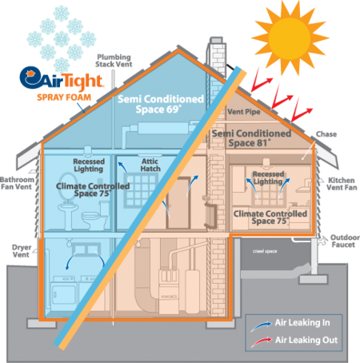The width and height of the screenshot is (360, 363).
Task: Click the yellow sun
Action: point(290,38)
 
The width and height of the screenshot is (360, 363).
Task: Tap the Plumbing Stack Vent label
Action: point(114,61)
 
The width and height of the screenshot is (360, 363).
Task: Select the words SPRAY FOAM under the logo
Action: point(64,98)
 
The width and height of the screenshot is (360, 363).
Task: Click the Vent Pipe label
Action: point(244,112)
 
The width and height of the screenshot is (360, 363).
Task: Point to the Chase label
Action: point(326,134)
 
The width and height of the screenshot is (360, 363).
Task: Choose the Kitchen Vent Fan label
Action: point(342,184)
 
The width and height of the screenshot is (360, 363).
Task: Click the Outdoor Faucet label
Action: point(345,241)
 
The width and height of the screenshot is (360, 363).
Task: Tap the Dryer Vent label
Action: point(22,251)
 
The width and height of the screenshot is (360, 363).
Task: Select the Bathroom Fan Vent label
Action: point(17,183)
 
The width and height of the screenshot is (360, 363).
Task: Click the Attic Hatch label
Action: point(150,165)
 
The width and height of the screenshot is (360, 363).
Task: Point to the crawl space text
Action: point(265,251)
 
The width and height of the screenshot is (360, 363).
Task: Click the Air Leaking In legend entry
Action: point(290,324)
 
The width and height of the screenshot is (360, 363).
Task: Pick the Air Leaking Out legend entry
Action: point(294,341)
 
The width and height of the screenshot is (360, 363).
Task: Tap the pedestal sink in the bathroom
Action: point(68,214)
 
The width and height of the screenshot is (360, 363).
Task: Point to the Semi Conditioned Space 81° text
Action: point(251,138)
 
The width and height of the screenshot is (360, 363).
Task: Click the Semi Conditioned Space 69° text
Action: point(161,104)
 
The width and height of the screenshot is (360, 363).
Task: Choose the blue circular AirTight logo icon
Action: point(30,78)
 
